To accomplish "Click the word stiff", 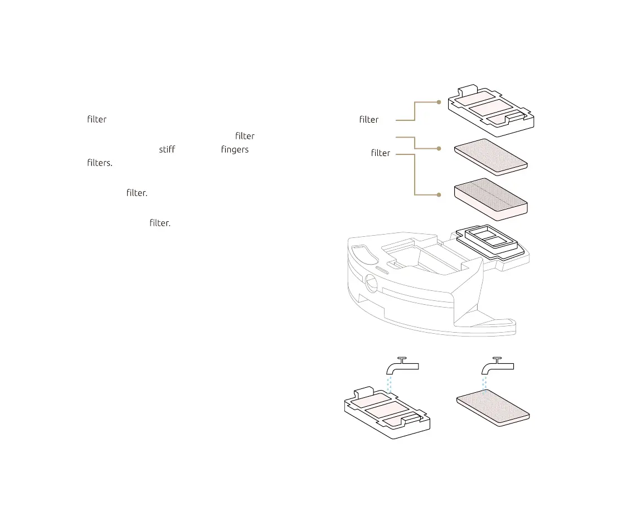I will [x=167, y=150].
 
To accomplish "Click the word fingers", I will [x=235, y=150].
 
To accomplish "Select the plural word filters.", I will [x=100, y=164].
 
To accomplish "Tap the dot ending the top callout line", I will [x=439, y=102].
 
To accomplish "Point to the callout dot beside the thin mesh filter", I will [x=439, y=148].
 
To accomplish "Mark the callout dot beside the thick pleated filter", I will [x=439, y=194].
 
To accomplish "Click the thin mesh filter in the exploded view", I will [x=490, y=156].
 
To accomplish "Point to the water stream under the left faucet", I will [x=390, y=383].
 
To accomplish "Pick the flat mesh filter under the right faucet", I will [x=493, y=408].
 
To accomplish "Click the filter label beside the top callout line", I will [x=369, y=119].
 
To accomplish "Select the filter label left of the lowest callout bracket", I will [x=381, y=153].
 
